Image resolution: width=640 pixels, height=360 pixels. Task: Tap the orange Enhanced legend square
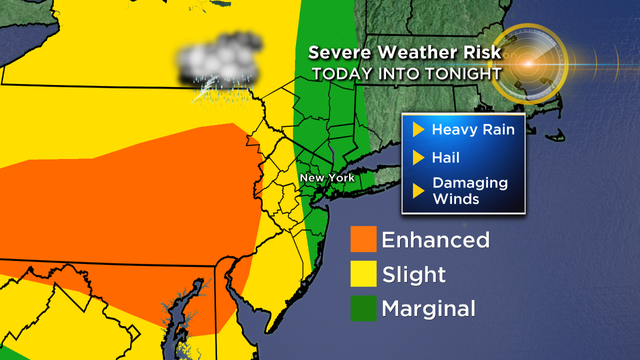[363, 240]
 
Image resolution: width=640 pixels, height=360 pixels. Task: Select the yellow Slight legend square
[363, 274]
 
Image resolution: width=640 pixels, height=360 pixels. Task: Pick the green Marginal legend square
[363, 308]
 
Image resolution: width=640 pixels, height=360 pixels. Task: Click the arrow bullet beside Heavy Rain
[418, 130]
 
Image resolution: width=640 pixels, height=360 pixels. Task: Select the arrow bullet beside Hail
[418, 157]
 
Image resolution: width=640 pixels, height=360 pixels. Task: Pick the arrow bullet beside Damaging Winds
[418, 190]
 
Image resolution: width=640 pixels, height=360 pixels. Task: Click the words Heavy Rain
[466, 130]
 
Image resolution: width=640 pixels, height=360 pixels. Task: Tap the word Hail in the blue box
[447, 157]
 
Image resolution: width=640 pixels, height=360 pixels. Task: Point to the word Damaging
[468, 183]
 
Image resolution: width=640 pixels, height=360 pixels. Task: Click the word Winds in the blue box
[455, 198]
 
